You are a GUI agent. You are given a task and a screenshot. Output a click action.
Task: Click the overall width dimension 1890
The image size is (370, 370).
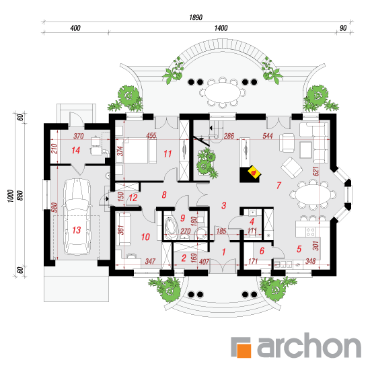(196, 17)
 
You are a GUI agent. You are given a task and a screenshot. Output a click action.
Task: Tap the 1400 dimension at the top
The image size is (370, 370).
(221, 28)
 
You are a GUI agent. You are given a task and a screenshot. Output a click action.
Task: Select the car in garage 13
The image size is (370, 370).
(77, 217)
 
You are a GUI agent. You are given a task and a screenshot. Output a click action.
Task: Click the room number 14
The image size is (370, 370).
(76, 150)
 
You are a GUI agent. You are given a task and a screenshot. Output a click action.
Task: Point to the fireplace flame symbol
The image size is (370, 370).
(254, 172)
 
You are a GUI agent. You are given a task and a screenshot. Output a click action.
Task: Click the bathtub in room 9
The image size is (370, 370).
(172, 227)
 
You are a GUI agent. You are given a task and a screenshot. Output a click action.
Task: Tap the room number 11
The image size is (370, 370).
(168, 154)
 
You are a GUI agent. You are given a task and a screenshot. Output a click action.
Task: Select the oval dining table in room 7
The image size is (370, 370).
(313, 195)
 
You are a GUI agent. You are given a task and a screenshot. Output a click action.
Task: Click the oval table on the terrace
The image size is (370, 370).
(222, 93)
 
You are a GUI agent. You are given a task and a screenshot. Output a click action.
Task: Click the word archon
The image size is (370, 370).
(309, 346)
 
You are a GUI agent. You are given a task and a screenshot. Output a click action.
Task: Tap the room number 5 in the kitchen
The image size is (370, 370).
(299, 249)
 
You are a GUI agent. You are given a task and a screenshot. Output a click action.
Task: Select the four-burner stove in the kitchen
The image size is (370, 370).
(310, 231)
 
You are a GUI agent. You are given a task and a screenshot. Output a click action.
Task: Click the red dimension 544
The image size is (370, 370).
(268, 136)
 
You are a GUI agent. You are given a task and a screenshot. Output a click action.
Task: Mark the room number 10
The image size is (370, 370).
(145, 237)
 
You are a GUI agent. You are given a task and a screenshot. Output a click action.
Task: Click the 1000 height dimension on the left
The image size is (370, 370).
(10, 196)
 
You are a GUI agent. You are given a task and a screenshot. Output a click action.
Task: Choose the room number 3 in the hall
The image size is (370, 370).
(224, 205)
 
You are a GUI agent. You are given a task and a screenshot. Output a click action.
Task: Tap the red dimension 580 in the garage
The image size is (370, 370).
(54, 207)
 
